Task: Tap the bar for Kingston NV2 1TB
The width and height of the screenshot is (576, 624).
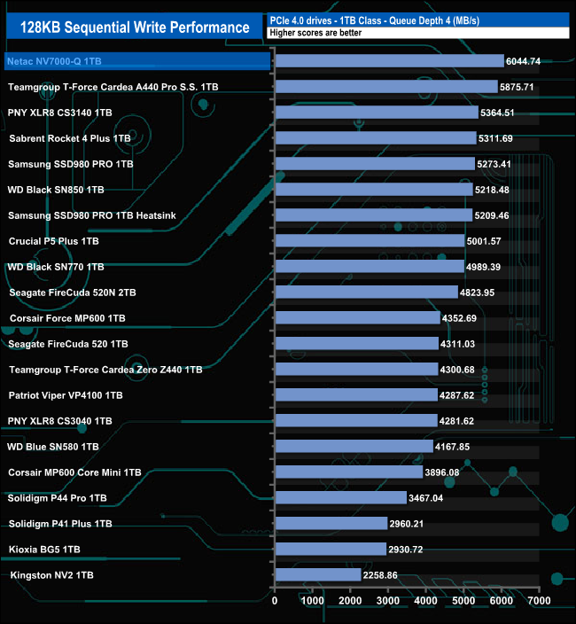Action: point(318,575)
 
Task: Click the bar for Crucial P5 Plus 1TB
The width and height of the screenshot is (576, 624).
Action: point(370,241)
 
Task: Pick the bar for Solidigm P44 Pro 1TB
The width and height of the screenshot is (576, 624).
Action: point(340,498)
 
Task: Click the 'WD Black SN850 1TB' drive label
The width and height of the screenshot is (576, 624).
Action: point(56,190)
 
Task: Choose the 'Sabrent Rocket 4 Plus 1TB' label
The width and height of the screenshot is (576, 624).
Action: point(70,138)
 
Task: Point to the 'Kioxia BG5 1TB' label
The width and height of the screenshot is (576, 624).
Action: point(44,550)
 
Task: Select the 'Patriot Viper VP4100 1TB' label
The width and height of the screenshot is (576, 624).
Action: point(66,395)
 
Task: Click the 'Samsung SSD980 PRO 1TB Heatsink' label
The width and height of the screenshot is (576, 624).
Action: point(80,215)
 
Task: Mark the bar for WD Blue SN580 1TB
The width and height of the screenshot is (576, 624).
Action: point(354,447)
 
